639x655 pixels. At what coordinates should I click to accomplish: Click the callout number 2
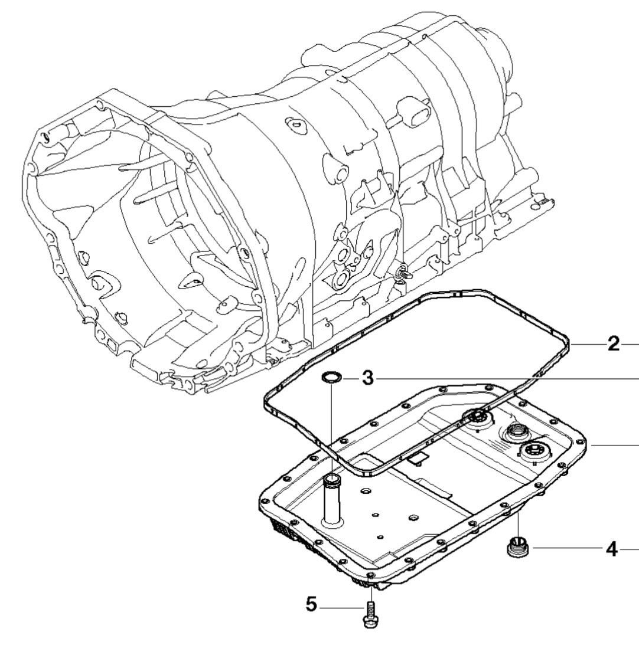[x=614, y=343]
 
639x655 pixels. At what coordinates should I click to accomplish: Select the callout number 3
[x=367, y=378]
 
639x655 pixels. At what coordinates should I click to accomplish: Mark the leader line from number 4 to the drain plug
[x=567, y=549]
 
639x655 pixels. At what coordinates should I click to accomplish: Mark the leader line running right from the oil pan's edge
[x=614, y=446]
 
